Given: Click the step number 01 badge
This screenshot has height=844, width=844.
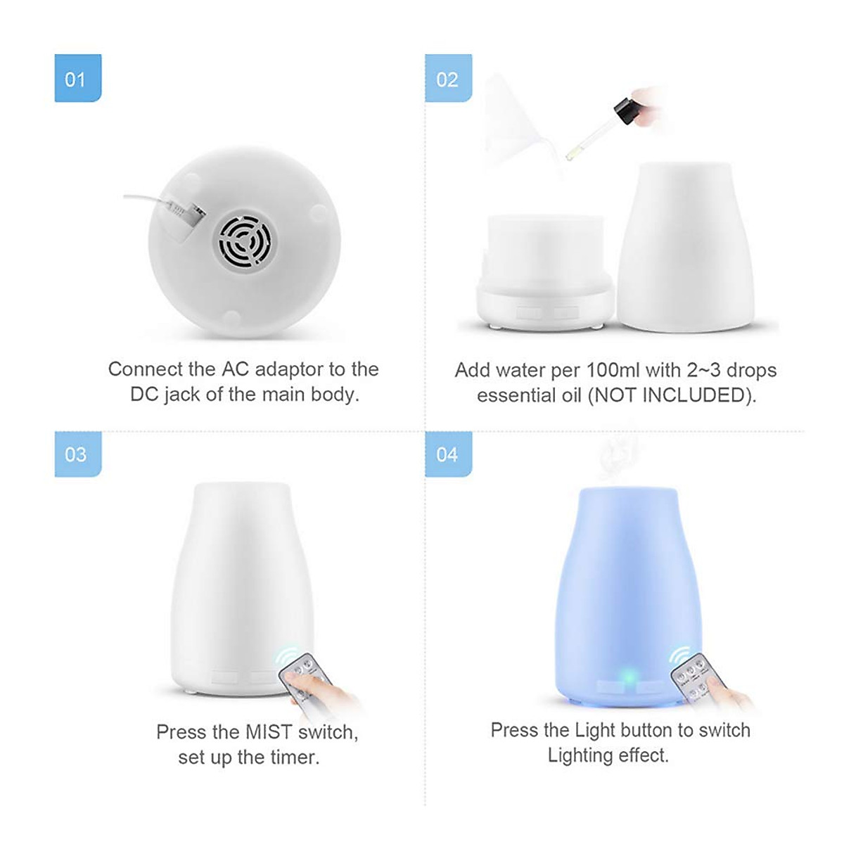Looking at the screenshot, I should (77, 79).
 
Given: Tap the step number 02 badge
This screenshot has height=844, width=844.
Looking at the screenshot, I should (448, 79).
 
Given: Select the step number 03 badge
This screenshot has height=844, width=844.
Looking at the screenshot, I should (77, 454).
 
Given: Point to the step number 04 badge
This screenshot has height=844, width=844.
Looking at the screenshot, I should (448, 454).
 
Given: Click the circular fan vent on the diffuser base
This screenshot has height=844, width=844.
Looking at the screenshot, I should (244, 242).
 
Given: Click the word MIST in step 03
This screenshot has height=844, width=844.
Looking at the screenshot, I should (269, 732).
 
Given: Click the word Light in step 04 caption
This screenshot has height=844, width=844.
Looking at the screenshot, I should (595, 730).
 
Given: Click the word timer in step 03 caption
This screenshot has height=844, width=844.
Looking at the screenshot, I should (292, 757).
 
